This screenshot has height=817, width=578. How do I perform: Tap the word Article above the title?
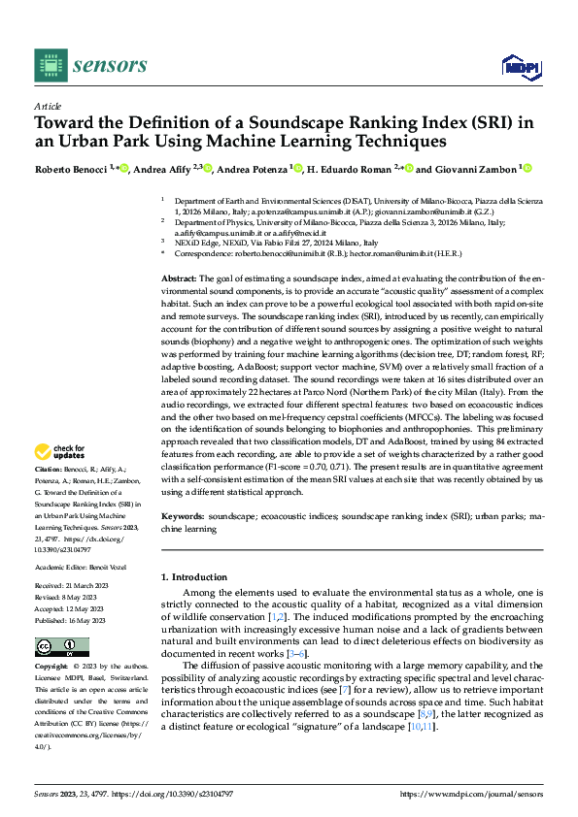(x=48, y=106)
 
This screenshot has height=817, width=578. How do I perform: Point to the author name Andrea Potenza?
(x=253, y=169)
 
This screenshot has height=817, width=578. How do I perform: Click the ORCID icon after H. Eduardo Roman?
(x=410, y=169)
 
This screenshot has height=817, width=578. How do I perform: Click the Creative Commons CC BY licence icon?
(x=62, y=646)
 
